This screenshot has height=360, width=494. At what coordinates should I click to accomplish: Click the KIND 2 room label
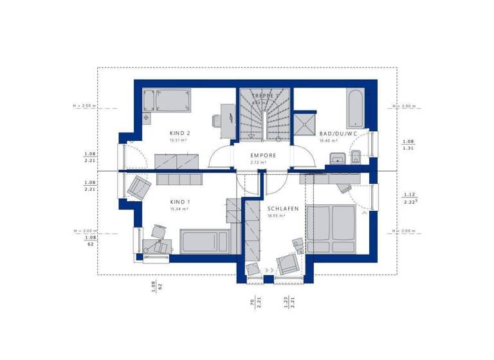click(x=179, y=133)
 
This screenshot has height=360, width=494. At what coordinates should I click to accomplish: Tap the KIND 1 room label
click(x=179, y=202)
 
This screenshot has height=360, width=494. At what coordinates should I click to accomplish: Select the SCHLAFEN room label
click(x=284, y=209)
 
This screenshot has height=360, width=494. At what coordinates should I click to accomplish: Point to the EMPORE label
click(x=263, y=156)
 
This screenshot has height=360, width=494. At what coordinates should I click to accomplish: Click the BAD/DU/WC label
click(x=338, y=134)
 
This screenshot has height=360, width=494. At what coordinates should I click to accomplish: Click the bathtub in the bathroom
click(x=356, y=109)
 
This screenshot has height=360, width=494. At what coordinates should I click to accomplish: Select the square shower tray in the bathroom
click(x=306, y=123)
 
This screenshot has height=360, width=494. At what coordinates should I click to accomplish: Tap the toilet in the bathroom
click(x=356, y=156)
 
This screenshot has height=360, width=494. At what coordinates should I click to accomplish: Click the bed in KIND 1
click(x=205, y=242)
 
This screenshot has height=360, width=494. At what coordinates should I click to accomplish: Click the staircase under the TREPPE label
click(x=265, y=116)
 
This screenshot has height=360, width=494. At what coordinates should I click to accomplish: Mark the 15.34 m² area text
click(x=179, y=209)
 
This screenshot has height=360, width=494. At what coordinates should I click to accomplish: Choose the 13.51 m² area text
click(x=178, y=140)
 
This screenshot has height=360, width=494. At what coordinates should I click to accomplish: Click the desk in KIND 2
click(x=227, y=119)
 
